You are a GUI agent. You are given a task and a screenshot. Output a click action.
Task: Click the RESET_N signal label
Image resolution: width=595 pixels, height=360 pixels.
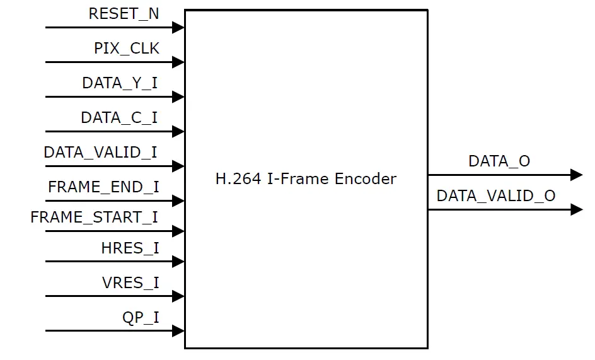coord(124,14)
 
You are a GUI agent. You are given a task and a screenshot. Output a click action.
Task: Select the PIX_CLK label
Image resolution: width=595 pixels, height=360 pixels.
coord(127,49)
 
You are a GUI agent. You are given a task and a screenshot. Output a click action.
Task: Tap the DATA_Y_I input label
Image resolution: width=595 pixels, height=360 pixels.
coord(120,83)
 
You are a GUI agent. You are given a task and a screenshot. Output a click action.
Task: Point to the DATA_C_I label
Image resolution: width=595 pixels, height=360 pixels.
coord(119,118)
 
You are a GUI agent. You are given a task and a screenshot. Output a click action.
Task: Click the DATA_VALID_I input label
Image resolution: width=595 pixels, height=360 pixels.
coord(101,153)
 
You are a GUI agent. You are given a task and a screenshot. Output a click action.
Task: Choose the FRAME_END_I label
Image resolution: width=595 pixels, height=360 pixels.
coord(103,187)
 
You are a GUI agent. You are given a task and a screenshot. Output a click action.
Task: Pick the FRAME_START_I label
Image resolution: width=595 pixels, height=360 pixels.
coord(95,218)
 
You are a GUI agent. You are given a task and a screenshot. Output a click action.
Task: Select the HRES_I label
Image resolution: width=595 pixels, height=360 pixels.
coord(130,248)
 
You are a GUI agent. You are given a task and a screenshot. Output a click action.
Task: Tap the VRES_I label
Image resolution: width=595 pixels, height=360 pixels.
coord(130,283)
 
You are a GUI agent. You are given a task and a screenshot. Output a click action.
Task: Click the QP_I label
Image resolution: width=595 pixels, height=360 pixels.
coord(141,317)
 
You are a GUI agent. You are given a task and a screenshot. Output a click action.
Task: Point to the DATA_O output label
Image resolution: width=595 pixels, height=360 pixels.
coord(499,161)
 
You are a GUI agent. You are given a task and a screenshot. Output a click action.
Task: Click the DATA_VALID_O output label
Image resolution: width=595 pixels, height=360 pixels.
coord(496,196)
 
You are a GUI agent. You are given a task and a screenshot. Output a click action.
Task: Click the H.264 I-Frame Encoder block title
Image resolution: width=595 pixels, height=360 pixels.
coord(306,179)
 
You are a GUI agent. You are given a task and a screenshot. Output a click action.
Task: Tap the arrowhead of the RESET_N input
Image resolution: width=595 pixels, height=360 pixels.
coord(178,28)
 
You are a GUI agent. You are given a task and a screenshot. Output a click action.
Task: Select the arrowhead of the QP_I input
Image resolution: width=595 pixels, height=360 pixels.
coord(178,331)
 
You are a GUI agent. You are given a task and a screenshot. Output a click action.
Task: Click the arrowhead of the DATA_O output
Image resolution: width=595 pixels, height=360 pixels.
coord(576,175)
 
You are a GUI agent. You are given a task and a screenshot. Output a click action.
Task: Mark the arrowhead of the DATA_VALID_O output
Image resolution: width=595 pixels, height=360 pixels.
coord(576,209)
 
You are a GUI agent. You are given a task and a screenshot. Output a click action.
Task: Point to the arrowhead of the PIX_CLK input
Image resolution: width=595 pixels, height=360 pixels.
coord(178,62)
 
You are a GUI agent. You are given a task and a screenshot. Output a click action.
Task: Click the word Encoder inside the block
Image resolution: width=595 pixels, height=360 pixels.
coord(366,179)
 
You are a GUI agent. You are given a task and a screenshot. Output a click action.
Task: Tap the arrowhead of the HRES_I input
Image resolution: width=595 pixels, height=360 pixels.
coord(178,262)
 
